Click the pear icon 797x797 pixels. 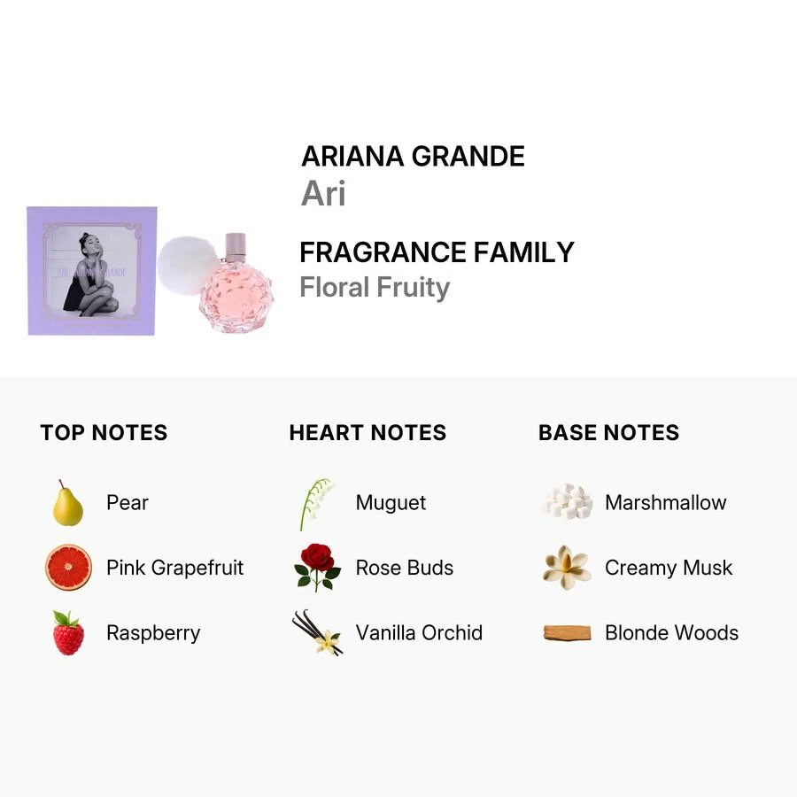tap(67, 503)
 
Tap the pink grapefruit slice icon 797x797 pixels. tap(68, 568)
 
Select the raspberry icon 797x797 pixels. tap(67, 633)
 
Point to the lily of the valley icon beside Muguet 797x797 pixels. tap(316, 503)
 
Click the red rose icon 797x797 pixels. tap(317, 568)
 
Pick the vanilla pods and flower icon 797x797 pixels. tap(318, 633)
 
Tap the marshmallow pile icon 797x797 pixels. tap(567, 502)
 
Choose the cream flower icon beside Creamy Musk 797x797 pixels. tap(567, 568)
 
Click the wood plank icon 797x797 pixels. tap(567, 633)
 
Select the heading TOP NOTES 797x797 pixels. tap(104, 433)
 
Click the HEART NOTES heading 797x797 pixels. tap(368, 433)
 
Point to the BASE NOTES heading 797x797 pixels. tap(608, 433)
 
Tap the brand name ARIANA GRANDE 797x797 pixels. tap(413, 157)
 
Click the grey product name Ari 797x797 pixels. tap(323, 194)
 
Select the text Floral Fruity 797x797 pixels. tap(375, 288)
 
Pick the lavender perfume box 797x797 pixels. tap(91, 271)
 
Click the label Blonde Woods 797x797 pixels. tap(671, 633)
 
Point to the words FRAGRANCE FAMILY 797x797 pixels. tap(437, 252)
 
